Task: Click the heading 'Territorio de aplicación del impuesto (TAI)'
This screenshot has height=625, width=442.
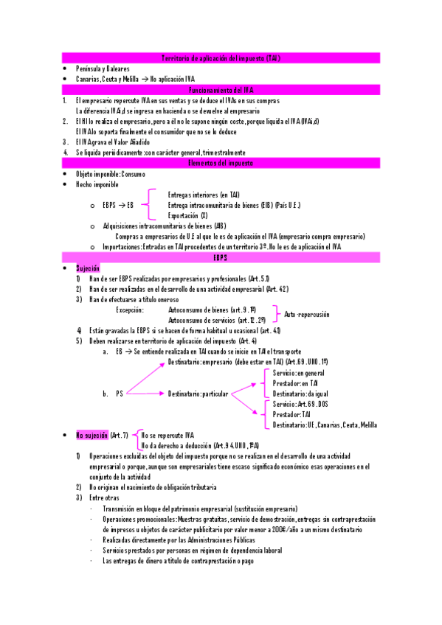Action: pyautogui.click(x=221, y=57)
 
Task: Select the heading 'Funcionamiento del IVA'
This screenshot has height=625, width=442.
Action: pyautogui.click(x=221, y=89)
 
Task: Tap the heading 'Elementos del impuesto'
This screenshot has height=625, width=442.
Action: pyautogui.click(x=221, y=163)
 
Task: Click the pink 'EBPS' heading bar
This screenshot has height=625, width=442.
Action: pyautogui.click(x=221, y=257)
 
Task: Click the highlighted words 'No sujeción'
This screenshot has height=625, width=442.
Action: pyautogui.click(x=92, y=435)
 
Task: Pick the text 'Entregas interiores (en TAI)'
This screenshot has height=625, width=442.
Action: pyautogui.click(x=204, y=195)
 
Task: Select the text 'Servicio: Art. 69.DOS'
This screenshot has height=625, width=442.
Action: pyautogui.click(x=300, y=405)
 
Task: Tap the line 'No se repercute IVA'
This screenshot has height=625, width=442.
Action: pyautogui.click(x=168, y=436)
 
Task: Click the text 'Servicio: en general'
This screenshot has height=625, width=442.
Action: pyautogui.click(x=299, y=373)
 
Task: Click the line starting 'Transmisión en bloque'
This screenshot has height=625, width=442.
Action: pyautogui.click(x=200, y=509)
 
